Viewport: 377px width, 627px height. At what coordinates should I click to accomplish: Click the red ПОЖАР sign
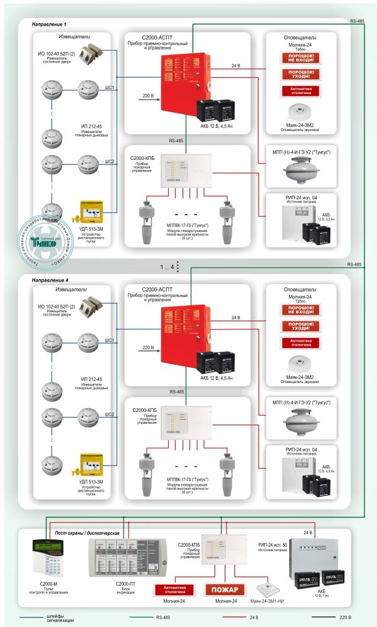[224, 590]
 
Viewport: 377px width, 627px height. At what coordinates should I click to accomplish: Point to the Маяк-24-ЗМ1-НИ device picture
[269, 589]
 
